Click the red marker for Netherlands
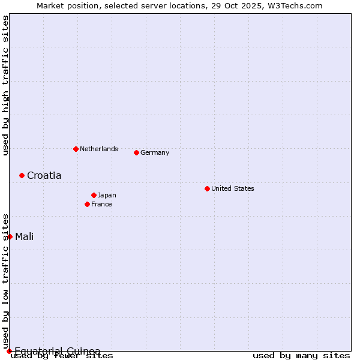point(76,149)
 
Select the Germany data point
point(136,152)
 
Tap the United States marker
point(207,188)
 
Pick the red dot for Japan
point(94,195)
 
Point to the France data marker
point(87,204)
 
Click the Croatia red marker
point(22,175)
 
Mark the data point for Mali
point(10,236)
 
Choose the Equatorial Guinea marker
point(9,351)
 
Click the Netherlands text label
point(99,149)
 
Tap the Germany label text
point(155,152)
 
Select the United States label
point(233,188)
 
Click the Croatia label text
point(44,176)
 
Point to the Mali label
point(24,236)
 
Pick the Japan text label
point(107,195)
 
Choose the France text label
point(101,204)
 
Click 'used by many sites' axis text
point(301,356)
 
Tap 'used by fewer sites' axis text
point(62,356)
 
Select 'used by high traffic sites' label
point(5,85)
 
